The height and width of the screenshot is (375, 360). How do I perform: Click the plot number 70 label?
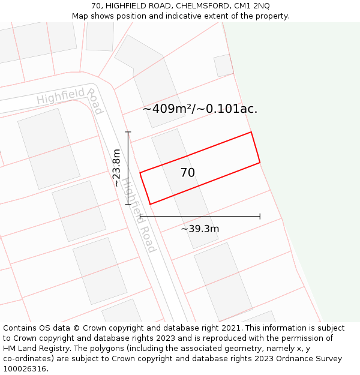coord(188,173)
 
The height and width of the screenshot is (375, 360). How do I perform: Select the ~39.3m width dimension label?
coord(200,229)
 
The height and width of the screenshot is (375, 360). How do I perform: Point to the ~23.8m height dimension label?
coord(117,168)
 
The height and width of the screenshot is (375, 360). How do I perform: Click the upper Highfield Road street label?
coord(70,99)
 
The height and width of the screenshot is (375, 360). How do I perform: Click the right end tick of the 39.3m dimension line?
coord(260,216)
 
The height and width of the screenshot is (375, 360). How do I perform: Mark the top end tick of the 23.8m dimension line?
coord(128,132)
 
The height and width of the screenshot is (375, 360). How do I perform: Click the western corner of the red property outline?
coord(140,173)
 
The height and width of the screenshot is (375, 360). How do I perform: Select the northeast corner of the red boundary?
coord(251,132)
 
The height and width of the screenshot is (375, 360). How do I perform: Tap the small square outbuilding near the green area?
coord(223,65)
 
